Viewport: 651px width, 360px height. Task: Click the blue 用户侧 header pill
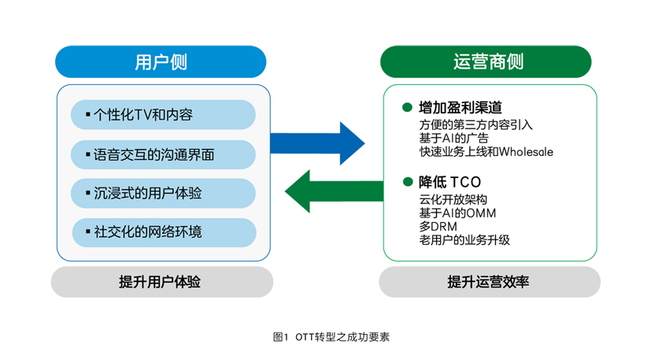pyautogui.click(x=161, y=62)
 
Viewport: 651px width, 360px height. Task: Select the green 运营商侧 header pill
pyautogui.click(x=486, y=62)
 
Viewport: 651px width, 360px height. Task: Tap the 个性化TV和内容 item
pyautogui.click(x=163, y=115)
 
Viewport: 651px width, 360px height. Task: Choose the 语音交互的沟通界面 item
pyautogui.click(x=163, y=154)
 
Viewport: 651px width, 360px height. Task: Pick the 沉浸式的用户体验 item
pyautogui.click(x=163, y=193)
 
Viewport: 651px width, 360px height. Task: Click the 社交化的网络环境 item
pyautogui.click(x=164, y=232)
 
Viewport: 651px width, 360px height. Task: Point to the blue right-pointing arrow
pyautogui.click(x=317, y=143)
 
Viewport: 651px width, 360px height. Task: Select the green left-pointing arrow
pyautogui.click(x=335, y=191)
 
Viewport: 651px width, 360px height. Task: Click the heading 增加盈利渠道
pyautogui.click(x=461, y=108)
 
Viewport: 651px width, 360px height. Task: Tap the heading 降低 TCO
pyautogui.click(x=450, y=182)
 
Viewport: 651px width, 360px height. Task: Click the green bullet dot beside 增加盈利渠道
pyautogui.click(x=407, y=107)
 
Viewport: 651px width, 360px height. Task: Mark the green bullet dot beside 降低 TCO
pyautogui.click(x=408, y=182)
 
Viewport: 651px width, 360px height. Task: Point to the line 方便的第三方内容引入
pyautogui.click(x=475, y=124)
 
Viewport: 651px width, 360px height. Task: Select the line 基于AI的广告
pyautogui.click(x=453, y=138)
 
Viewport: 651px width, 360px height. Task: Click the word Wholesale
pyautogui.click(x=526, y=152)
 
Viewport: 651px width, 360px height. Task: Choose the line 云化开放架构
pyautogui.click(x=453, y=199)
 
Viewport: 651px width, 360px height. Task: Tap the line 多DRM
pyautogui.click(x=438, y=227)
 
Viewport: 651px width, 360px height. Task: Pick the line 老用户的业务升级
pyautogui.click(x=464, y=239)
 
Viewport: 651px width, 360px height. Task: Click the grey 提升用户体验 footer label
pyautogui.click(x=162, y=282)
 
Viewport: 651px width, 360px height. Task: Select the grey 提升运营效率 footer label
pyautogui.click(x=490, y=282)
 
